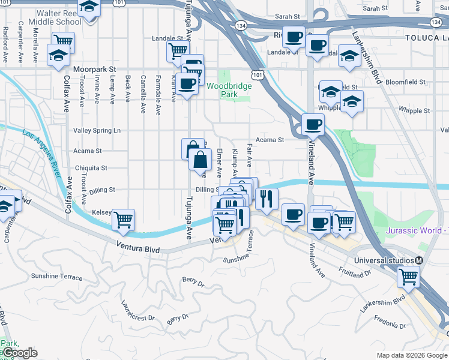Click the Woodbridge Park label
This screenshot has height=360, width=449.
tap(229, 90)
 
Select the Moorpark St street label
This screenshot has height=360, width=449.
tap(94, 69)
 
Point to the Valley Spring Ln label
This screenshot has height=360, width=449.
tap(97, 130)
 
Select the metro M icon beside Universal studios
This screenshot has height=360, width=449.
tap(419, 260)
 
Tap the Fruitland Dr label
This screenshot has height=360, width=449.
tap(354, 272)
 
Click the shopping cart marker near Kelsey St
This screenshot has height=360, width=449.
tap(123, 220)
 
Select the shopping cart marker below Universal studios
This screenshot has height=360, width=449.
tap(408, 277)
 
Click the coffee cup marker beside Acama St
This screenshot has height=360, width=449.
tap(313, 125)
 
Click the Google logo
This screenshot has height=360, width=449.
tap(20, 353)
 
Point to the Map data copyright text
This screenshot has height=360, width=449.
tap(412, 355)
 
